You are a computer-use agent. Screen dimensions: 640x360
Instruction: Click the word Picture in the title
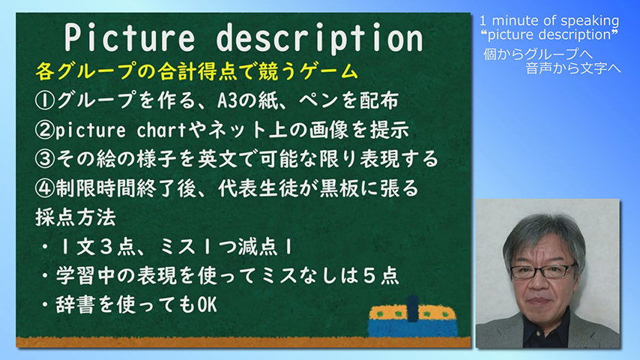click(x=130, y=37)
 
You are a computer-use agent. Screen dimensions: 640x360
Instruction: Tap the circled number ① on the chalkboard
click(x=45, y=100)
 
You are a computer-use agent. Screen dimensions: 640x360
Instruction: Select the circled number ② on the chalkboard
click(x=45, y=130)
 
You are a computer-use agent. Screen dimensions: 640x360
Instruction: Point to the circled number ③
click(x=45, y=159)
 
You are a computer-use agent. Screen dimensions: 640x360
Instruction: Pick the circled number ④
click(x=45, y=188)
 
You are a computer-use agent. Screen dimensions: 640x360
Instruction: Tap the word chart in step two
click(x=161, y=130)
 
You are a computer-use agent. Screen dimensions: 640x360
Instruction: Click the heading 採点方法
click(x=76, y=217)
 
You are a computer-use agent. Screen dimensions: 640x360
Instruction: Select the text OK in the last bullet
click(x=207, y=304)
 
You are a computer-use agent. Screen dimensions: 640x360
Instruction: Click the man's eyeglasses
click(x=543, y=271)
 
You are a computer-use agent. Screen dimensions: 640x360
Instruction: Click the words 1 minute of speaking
click(x=549, y=20)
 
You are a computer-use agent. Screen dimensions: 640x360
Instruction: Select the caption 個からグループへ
click(x=538, y=53)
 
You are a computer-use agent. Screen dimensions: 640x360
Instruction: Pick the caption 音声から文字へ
click(x=573, y=67)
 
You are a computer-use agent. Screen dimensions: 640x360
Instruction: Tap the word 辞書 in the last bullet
click(x=76, y=304)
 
